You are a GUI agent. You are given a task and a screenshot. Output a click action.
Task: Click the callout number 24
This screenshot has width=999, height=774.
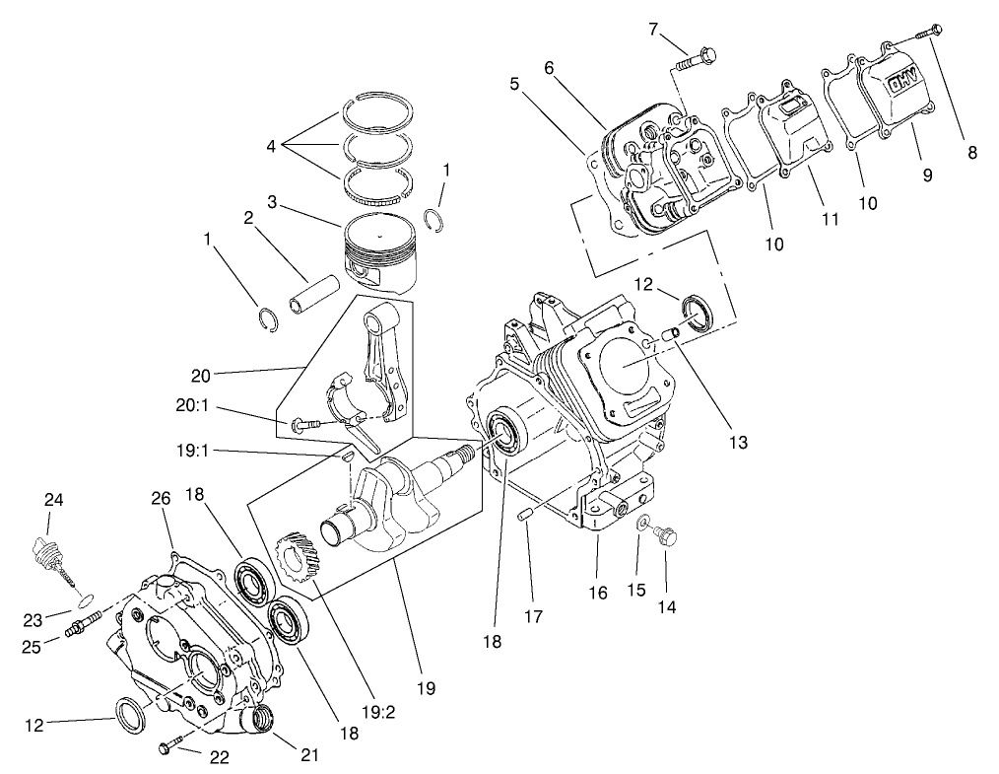pos(53,500)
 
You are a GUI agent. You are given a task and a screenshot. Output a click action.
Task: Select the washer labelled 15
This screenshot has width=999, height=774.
pos(642,522)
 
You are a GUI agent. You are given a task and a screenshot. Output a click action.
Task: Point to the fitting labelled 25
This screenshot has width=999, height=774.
pos(82,624)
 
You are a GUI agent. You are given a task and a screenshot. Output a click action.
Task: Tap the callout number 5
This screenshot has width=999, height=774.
pos(514,84)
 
